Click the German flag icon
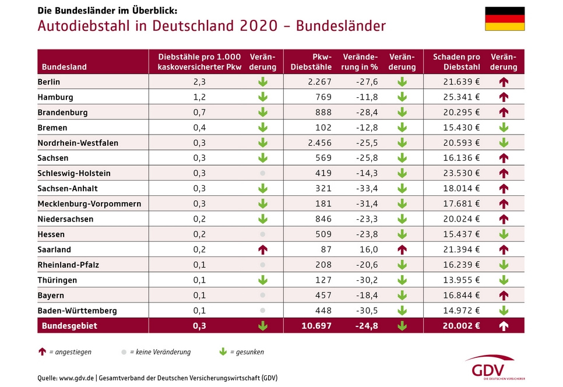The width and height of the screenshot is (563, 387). [505, 19]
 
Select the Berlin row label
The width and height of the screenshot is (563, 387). [49, 82]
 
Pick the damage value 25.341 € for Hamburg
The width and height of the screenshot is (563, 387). [461, 97]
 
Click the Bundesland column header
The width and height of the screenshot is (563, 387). [64, 67]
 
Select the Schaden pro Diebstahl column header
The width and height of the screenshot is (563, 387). [456, 62]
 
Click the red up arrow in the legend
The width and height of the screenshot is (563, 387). [42, 352]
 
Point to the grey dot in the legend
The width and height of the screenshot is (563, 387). [124, 352]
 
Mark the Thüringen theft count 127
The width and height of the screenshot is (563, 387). [323, 280]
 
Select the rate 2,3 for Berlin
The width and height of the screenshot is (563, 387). [199, 82]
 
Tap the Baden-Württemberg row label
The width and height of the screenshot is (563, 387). [77, 311]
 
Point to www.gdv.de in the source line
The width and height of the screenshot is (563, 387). [76, 377]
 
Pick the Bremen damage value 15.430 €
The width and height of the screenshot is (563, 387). [461, 128]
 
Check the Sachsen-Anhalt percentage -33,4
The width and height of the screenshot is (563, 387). [367, 188]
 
